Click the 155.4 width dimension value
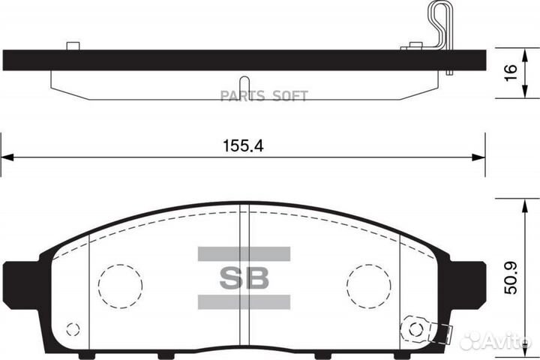pos(243,147)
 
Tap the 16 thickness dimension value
pos(511,72)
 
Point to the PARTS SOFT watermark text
pos(268,95)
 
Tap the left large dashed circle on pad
pos(120,286)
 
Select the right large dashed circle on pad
pos(368,286)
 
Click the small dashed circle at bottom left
pos(73,328)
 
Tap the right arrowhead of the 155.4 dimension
pos(478,157)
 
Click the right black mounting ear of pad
pos(469,278)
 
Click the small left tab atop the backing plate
pos(73,46)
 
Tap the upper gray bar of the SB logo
pos(243,253)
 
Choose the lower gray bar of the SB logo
pos(243,302)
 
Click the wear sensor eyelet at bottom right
pos(412,328)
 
